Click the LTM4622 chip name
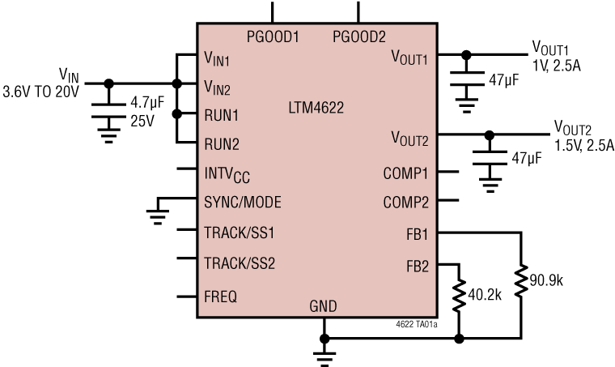[x=317, y=107]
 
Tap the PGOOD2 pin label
[x=359, y=36]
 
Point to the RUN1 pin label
[x=222, y=114]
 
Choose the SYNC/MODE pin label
[x=243, y=202]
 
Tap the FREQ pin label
[x=220, y=297]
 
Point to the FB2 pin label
[x=418, y=265]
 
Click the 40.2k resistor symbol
[x=460, y=296]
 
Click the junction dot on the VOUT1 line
[x=465, y=56]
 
